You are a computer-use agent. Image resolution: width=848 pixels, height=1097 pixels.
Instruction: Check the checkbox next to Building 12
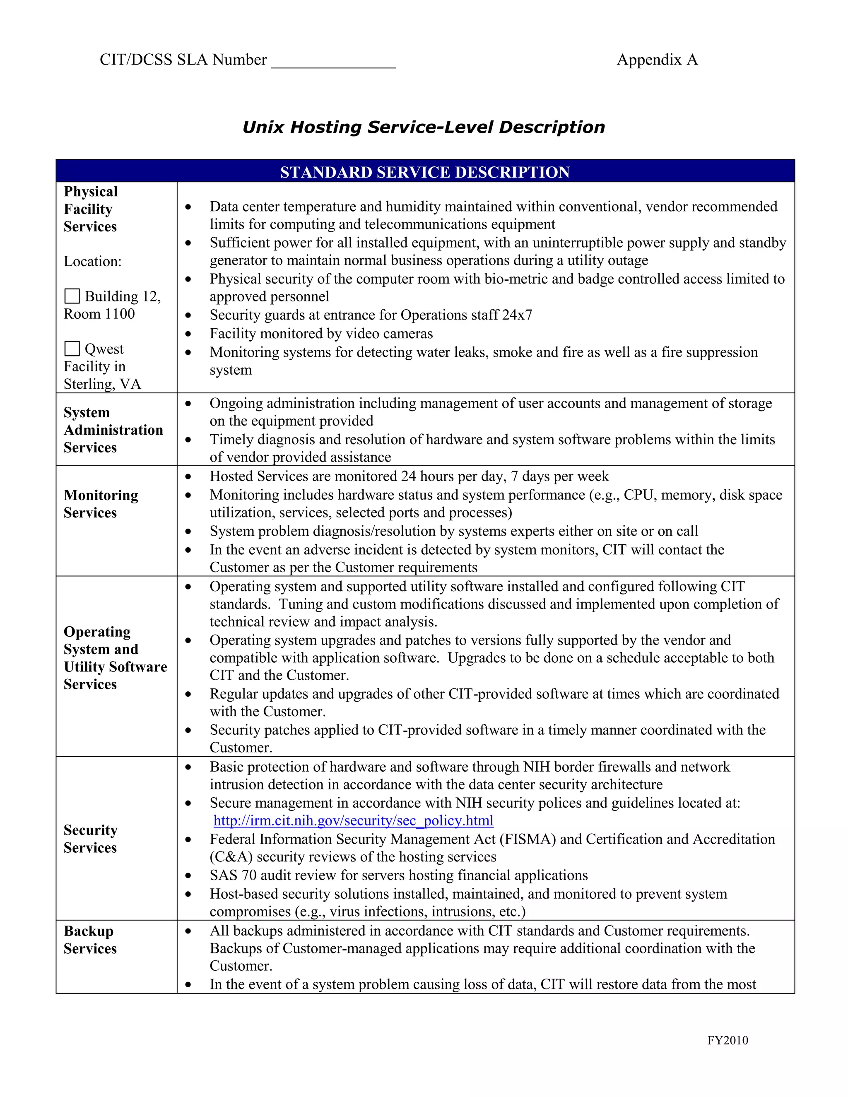tap(72, 296)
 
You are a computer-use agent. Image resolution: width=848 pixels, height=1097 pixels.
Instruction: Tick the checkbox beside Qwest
tap(72, 349)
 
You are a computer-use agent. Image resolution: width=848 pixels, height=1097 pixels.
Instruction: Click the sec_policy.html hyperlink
tap(353, 820)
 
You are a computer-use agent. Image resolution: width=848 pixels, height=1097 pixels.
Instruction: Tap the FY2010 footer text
tap(728, 1040)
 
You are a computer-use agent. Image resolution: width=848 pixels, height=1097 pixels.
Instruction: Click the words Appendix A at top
tap(657, 60)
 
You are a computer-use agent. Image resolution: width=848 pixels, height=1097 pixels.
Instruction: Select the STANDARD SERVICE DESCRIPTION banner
tap(424, 172)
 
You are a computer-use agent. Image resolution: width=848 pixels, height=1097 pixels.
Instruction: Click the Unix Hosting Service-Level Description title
tap(424, 127)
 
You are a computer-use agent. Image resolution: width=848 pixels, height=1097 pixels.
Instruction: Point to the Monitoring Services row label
tap(101, 504)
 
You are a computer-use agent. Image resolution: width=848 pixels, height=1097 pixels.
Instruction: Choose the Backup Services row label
tap(90, 939)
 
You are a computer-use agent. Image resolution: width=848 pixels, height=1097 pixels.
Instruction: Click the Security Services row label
tap(90, 838)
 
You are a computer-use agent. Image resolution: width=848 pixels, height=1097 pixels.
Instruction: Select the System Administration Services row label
tap(113, 430)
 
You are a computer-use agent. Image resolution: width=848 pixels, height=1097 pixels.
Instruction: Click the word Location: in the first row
tap(92, 262)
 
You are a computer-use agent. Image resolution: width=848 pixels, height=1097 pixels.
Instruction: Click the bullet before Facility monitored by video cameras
tap(188, 334)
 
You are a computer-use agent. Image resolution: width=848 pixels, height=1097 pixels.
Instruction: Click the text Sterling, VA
tap(102, 384)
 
